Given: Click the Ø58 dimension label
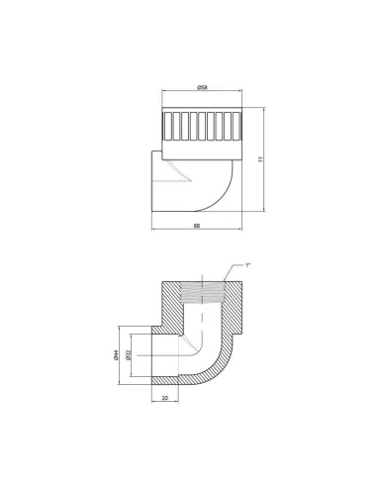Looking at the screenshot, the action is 202,87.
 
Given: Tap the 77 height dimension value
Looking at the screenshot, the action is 261,159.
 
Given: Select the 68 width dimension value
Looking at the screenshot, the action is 197,226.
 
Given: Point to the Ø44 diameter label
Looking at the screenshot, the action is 116,355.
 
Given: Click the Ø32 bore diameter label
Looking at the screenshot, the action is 129,354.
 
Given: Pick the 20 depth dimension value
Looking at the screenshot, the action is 165,398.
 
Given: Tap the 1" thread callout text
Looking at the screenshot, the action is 247,265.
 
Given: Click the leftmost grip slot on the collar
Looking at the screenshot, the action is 167,126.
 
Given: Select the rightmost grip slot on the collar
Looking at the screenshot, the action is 236,126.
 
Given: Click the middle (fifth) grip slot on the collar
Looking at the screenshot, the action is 202,126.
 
